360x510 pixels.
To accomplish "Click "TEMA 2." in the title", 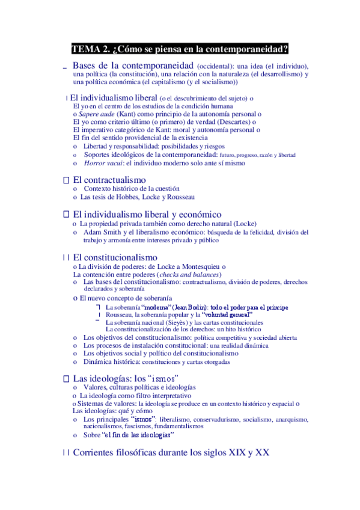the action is click(x=90, y=49).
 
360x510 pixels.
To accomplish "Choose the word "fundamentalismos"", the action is click(x=175, y=426).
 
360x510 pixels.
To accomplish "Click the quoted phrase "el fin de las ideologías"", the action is click(x=138, y=435).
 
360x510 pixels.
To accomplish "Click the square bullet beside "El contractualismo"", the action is click(x=67, y=180).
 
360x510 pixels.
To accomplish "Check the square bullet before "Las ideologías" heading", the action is click(x=67, y=379).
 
